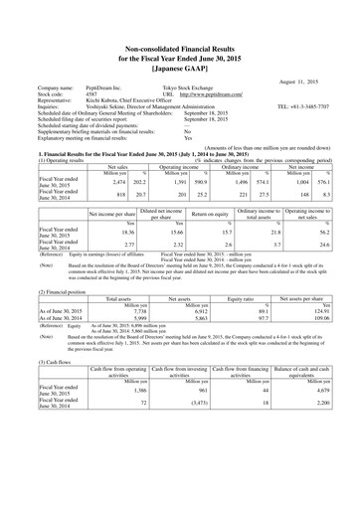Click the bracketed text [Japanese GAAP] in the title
pyautogui.click(x=180, y=44)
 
